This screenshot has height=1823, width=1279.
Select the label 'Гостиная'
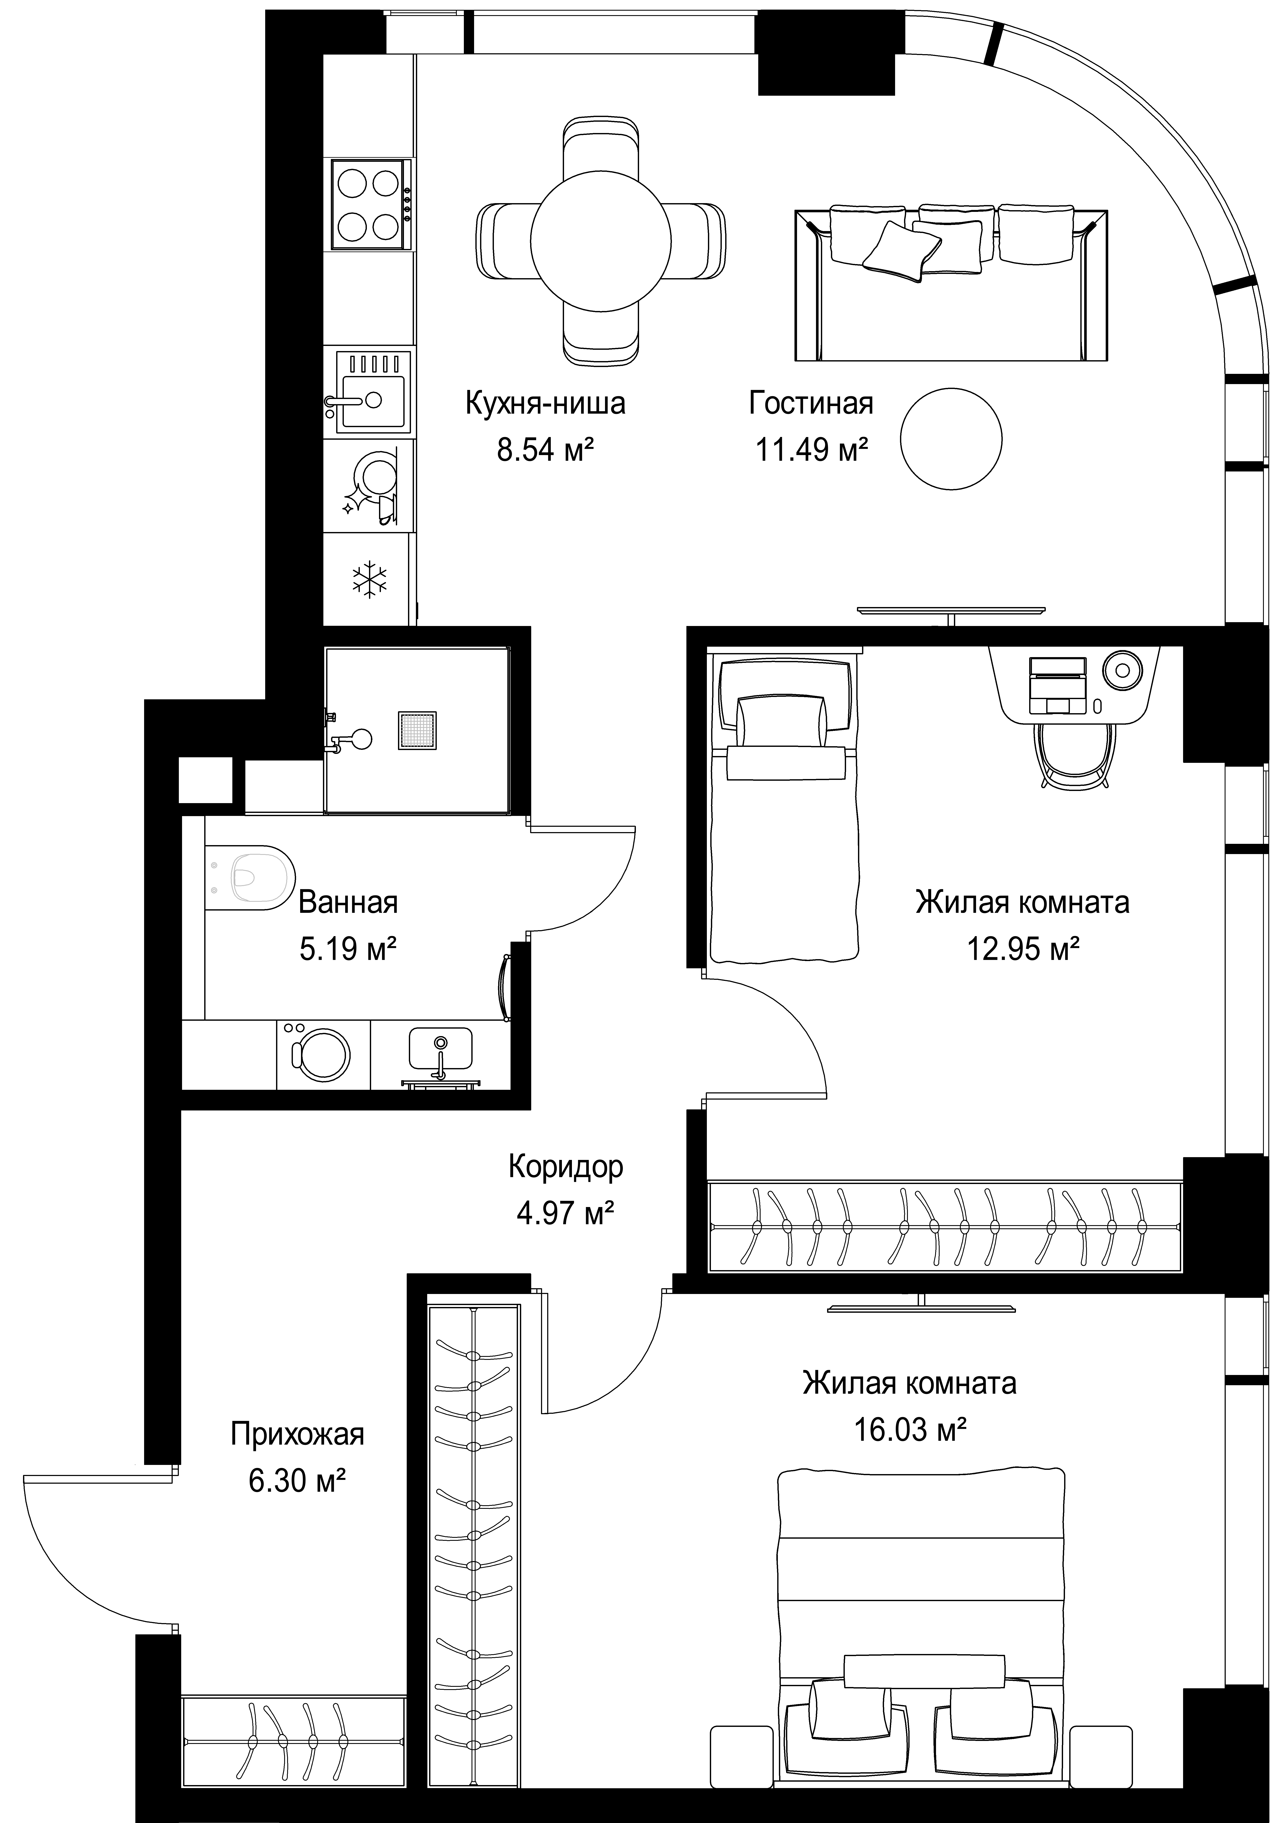811,403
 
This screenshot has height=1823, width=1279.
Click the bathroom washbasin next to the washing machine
441,1048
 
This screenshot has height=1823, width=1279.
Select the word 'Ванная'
348,903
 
